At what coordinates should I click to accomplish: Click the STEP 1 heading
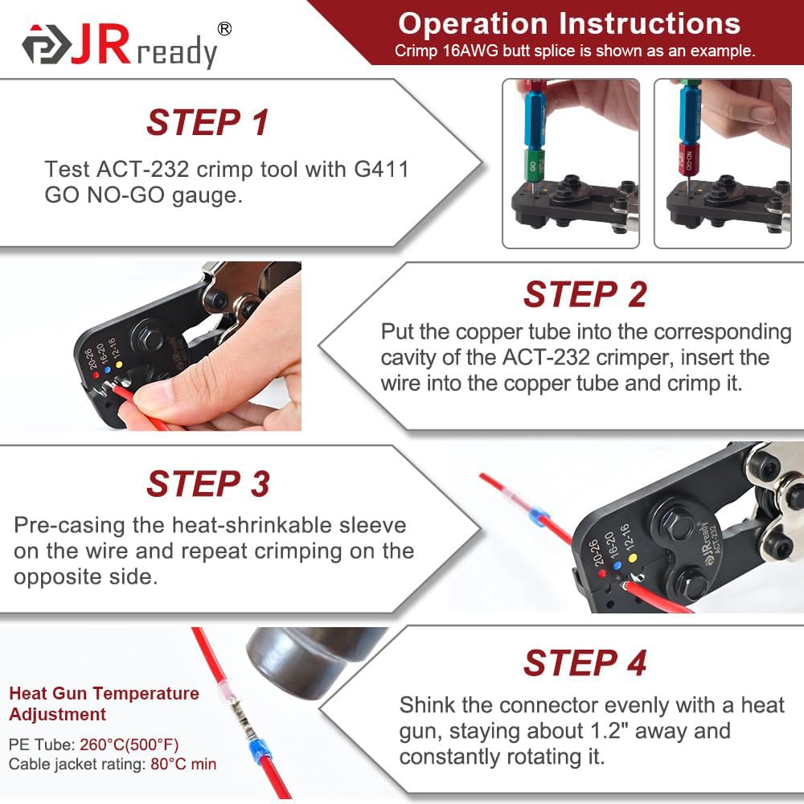[x=207, y=122]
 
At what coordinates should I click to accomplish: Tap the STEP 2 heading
[x=585, y=294]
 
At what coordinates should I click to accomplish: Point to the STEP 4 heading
[x=585, y=662]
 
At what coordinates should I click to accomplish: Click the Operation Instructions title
[x=569, y=23]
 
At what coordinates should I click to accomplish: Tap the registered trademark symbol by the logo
[x=224, y=29]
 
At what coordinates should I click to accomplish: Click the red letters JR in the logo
[x=100, y=45]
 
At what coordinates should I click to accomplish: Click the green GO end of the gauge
[x=533, y=166]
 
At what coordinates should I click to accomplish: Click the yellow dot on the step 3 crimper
[x=632, y=557]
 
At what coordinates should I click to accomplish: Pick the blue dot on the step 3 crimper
[x=617, y=565]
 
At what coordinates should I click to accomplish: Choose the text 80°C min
[x=183, y=764]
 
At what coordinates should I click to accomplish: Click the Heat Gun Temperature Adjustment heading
[x=104, y=703]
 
